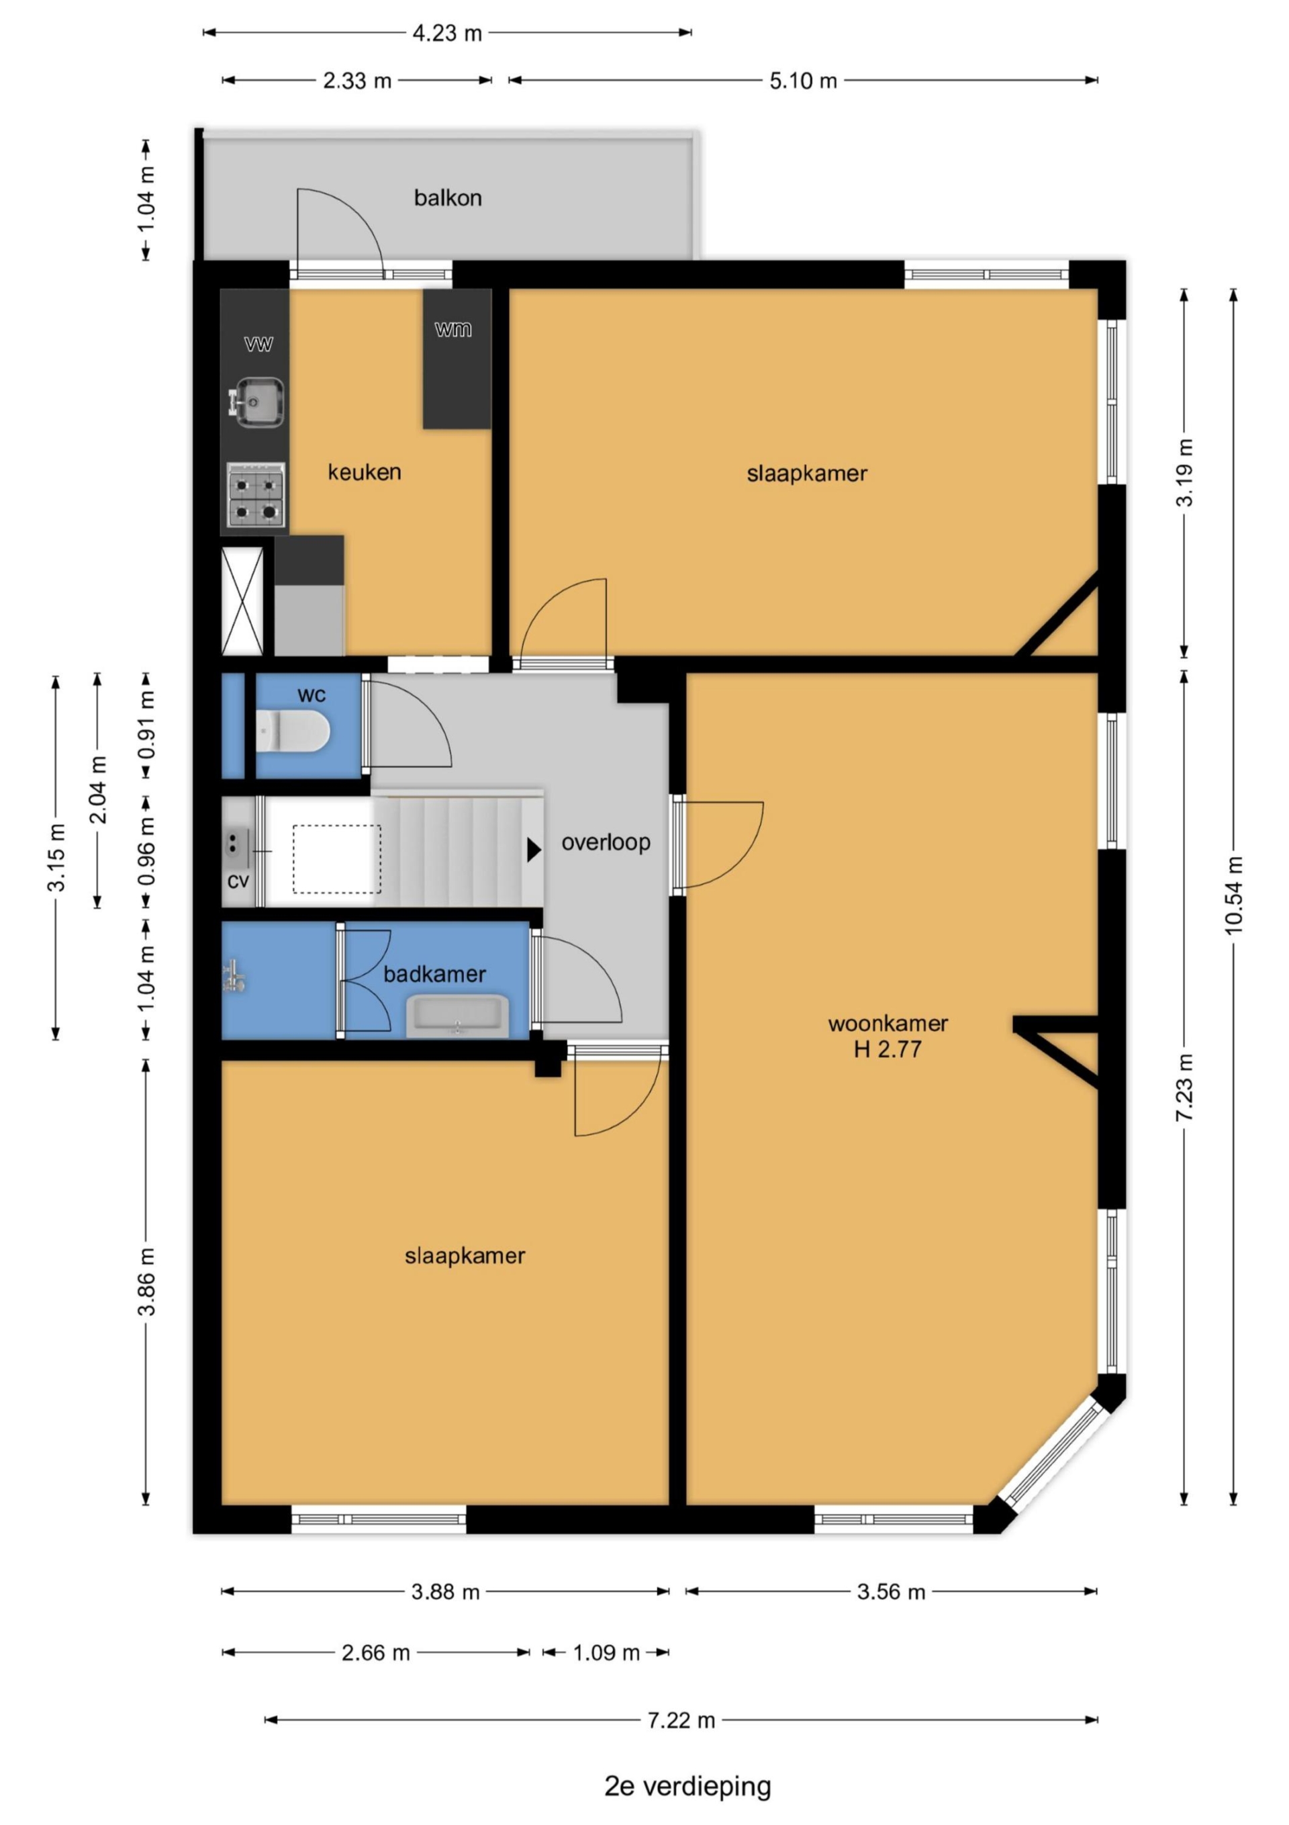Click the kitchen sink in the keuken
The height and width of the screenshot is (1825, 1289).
[256, 402]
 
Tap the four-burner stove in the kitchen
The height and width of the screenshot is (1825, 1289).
[256, 494]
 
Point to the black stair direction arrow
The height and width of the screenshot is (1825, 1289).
[534, 850]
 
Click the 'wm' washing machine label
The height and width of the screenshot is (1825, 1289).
[453, 329]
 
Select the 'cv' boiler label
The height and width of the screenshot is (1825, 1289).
[238, 881]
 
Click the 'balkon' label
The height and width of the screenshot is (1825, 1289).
[447, 198]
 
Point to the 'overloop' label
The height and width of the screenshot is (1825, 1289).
[606, 842]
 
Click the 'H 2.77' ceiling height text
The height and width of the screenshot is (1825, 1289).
[888, 1049]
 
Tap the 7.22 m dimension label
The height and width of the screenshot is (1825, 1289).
[681, 1720]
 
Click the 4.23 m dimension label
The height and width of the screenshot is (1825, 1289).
[446, 33]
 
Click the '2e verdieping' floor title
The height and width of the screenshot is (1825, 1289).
[687, 1787]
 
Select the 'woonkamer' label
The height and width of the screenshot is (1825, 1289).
[888, 1024]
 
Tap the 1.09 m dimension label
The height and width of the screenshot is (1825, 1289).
[606, 1653]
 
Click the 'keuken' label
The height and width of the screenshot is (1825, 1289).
[365, 472]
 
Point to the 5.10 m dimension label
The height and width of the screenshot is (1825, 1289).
[803, 81]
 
